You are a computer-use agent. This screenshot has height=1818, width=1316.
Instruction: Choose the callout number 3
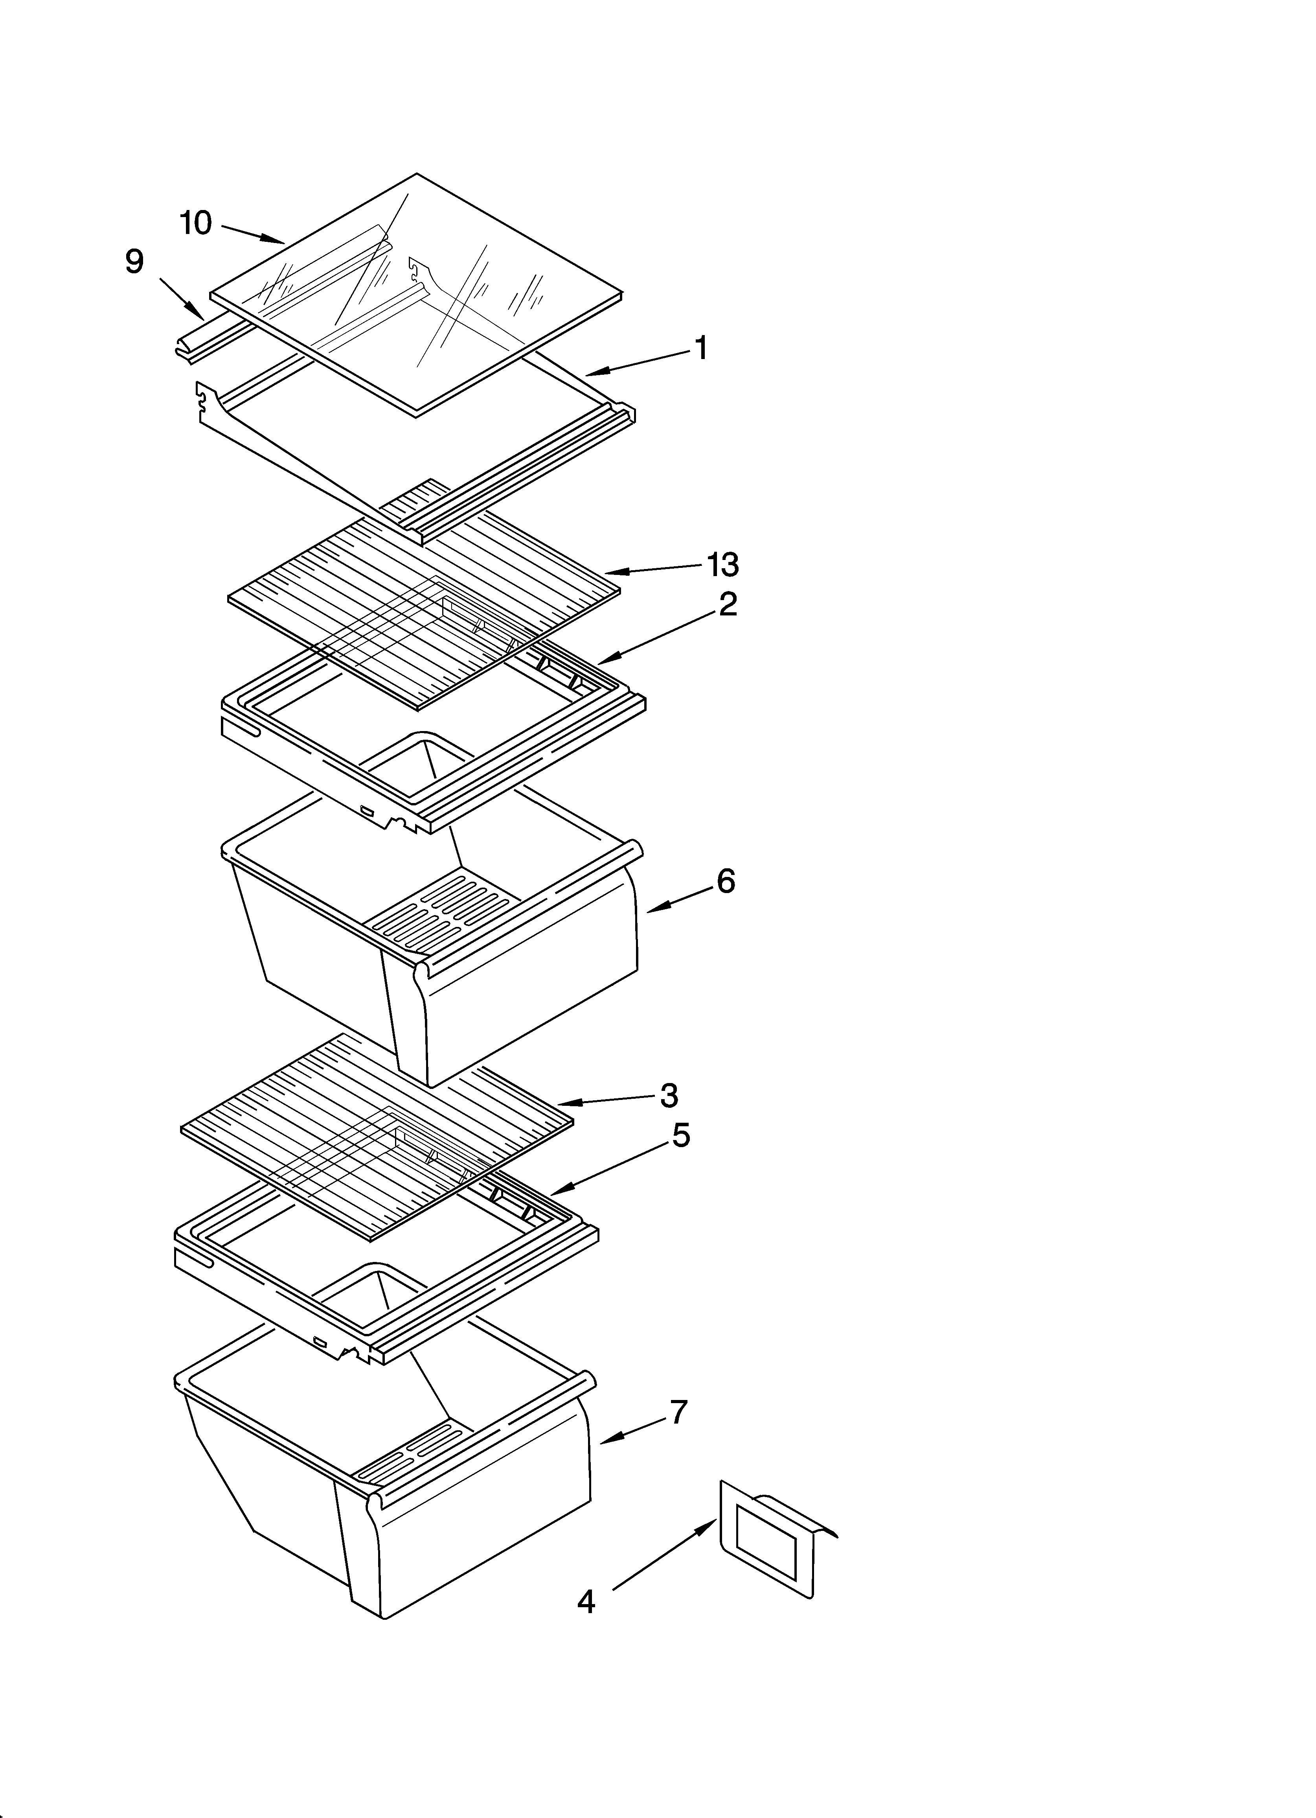tap(669, 1095)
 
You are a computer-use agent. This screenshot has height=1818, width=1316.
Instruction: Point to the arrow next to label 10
tap(252, 232)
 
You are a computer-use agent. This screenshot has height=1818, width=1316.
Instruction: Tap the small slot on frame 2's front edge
tap(367, 811)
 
